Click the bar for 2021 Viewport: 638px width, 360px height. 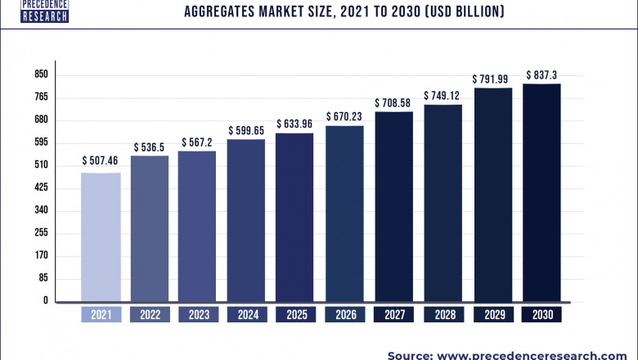[x=101, y=237]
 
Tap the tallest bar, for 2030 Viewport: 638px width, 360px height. [x=541, y=193]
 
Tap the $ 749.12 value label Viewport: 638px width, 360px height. [x=443, y=96]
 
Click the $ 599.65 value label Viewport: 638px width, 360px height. [x=246, y=129]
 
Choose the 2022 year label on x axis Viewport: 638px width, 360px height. [x=150, y=314]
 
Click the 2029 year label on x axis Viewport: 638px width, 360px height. [x=492, y=314]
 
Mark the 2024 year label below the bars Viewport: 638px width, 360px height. [x=246, y=314]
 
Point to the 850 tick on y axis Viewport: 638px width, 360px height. [x=41, y=74]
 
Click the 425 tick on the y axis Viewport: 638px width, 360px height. [x=41, y=188]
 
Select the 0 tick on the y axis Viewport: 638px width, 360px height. [x=47, y=301]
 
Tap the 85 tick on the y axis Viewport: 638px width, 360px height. [x=43, y=278]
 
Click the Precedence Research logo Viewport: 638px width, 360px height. [x=34, y=10]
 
